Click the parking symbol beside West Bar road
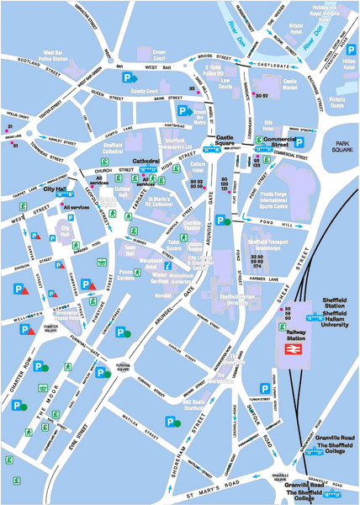[x=129, y=77]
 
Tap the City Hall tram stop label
[x=56, y=191]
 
